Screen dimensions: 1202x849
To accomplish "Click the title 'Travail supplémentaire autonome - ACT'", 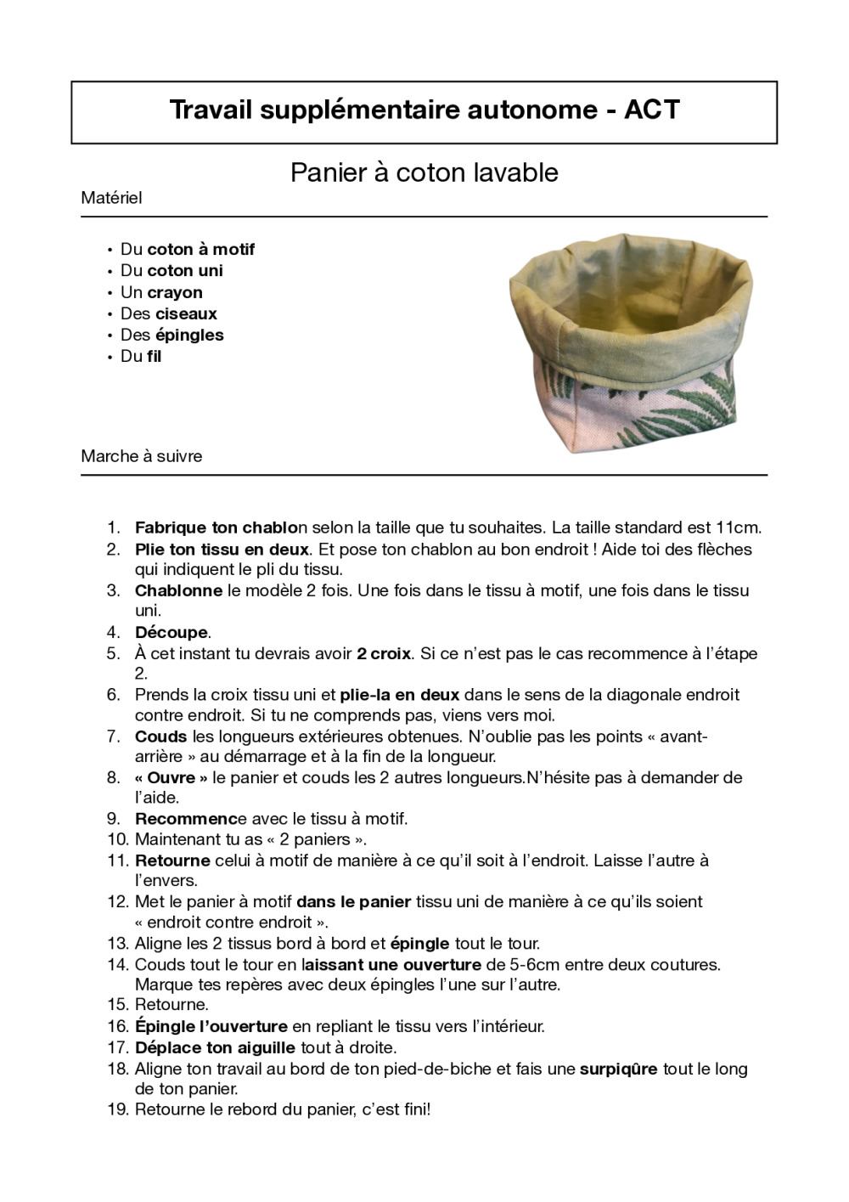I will [424, 110].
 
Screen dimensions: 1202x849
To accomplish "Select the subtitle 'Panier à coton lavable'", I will [424, 172].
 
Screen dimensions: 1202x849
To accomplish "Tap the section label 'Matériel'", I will [111, 198].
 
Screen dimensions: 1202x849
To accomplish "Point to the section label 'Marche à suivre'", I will [142, 456].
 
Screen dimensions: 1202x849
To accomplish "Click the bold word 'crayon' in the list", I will [175, 292].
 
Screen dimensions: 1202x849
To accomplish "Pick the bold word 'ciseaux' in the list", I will [186, 313].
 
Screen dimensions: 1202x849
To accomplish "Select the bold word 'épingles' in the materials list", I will [189, 335].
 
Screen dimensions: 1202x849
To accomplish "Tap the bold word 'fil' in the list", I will [154, 356].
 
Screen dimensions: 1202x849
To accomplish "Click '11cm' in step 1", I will [739, 528].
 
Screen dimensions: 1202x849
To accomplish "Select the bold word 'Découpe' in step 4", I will [171, 632].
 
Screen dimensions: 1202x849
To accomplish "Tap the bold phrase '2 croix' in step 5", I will [384, 653].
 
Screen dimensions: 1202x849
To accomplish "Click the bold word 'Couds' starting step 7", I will [160, 736].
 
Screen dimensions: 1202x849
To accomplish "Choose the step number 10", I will [117, 839].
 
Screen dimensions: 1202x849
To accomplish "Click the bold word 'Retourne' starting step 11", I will [172, 861].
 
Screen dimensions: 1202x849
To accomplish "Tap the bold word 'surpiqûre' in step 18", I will [618, 1069].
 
